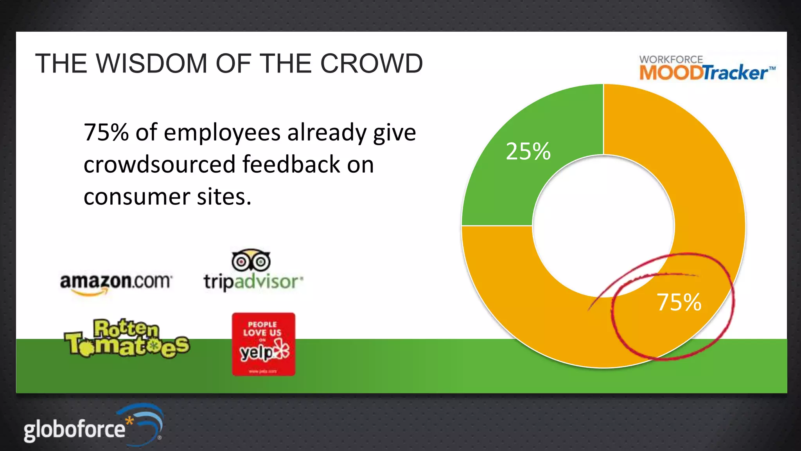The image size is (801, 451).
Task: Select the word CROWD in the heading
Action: click(371, 63)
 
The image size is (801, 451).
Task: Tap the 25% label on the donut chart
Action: click(528, 152)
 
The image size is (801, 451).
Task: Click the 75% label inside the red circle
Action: click(679, 302)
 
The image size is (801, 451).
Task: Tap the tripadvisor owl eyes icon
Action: click(251, 260)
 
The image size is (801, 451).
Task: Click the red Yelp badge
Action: click(264, 344)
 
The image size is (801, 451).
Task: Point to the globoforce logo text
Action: click(74, 429)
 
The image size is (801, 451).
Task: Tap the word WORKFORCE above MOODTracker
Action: click(671, 60)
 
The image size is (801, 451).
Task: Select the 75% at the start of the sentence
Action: click(106, 132)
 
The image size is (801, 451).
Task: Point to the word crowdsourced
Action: click(160, 164)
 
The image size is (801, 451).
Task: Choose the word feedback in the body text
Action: click(291, 164)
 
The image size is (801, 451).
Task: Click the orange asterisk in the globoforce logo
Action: click(129, 421)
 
